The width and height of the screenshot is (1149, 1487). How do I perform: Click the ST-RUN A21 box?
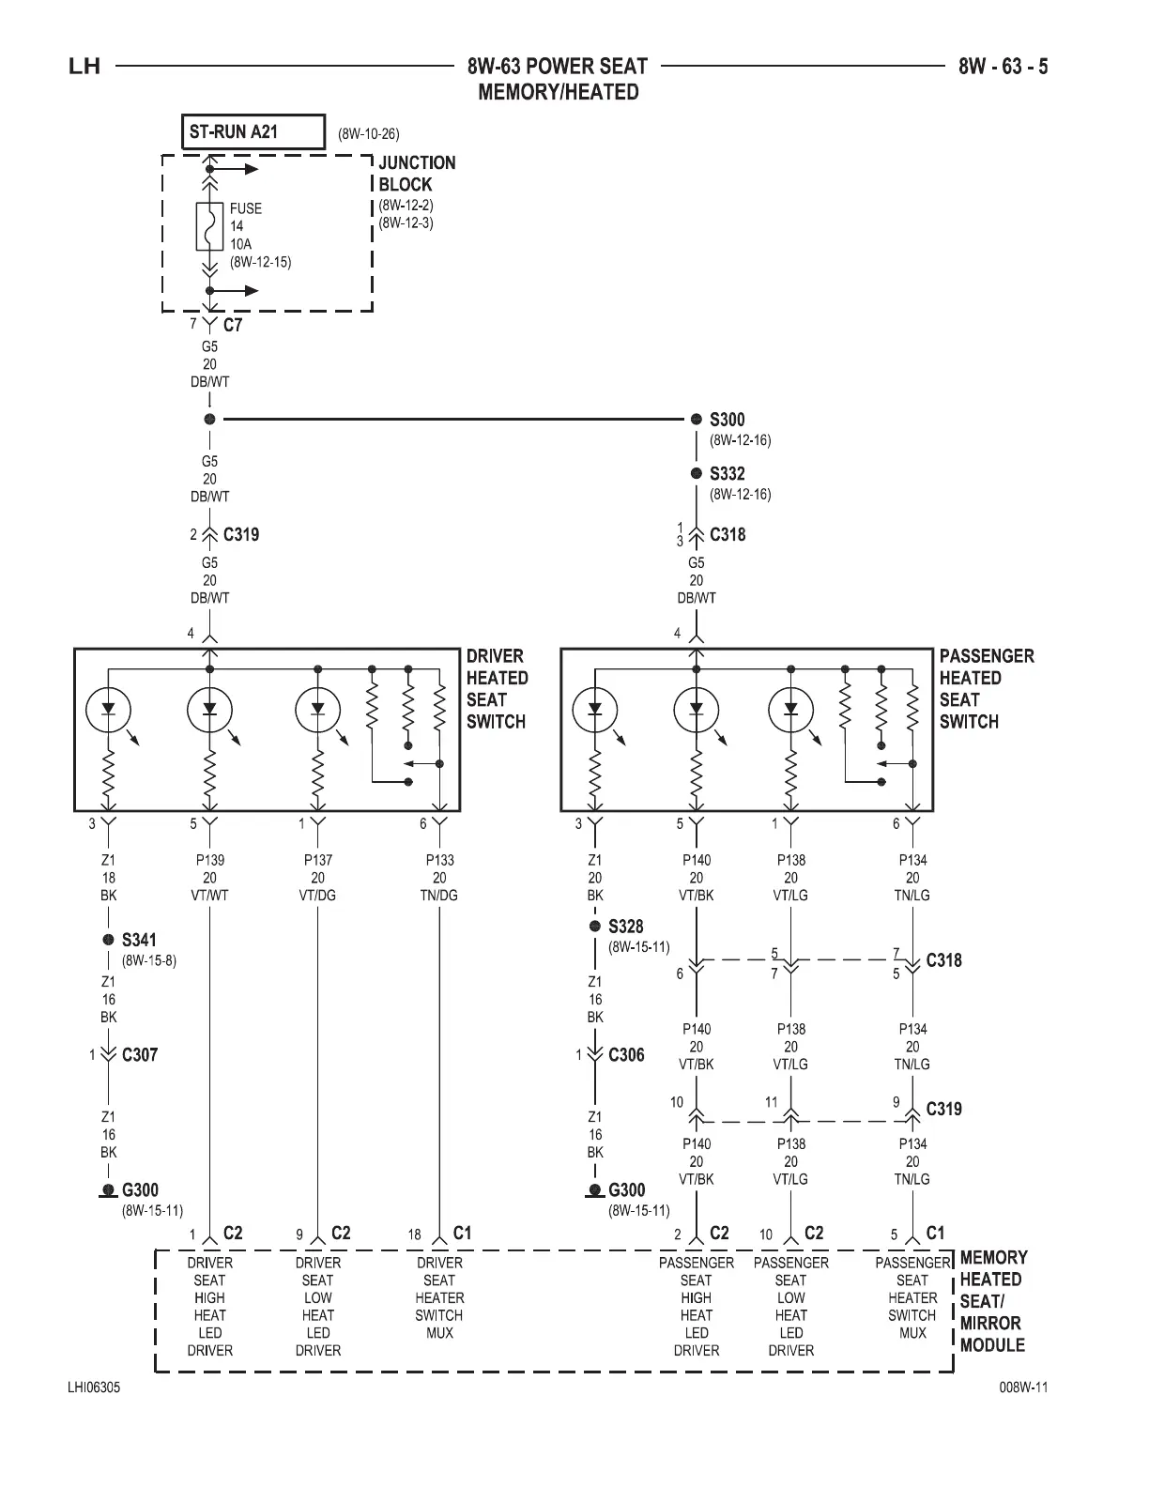251,132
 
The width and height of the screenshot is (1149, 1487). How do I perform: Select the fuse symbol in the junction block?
209,226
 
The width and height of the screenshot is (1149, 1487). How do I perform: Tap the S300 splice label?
727,420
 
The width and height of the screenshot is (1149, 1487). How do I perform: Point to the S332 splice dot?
697,474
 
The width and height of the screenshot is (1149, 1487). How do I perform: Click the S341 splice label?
140,940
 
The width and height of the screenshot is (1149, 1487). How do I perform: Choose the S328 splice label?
625,927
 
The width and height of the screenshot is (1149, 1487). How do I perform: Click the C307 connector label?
140,1054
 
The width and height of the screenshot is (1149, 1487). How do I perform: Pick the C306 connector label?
626,1054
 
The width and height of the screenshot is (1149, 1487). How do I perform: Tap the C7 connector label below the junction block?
232,326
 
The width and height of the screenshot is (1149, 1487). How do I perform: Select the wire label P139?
209,860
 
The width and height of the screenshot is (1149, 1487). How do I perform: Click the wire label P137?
317,860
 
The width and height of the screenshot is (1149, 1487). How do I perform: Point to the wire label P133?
439,860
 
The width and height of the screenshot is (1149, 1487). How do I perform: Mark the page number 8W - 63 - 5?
1003,67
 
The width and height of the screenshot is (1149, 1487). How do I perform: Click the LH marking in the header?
84,67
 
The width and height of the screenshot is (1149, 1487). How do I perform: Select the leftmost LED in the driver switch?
109,710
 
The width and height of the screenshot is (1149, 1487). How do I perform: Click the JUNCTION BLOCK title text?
417,174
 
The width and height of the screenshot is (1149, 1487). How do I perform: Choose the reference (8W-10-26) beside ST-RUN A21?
369,134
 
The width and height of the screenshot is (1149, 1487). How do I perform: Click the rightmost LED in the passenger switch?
790,710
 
